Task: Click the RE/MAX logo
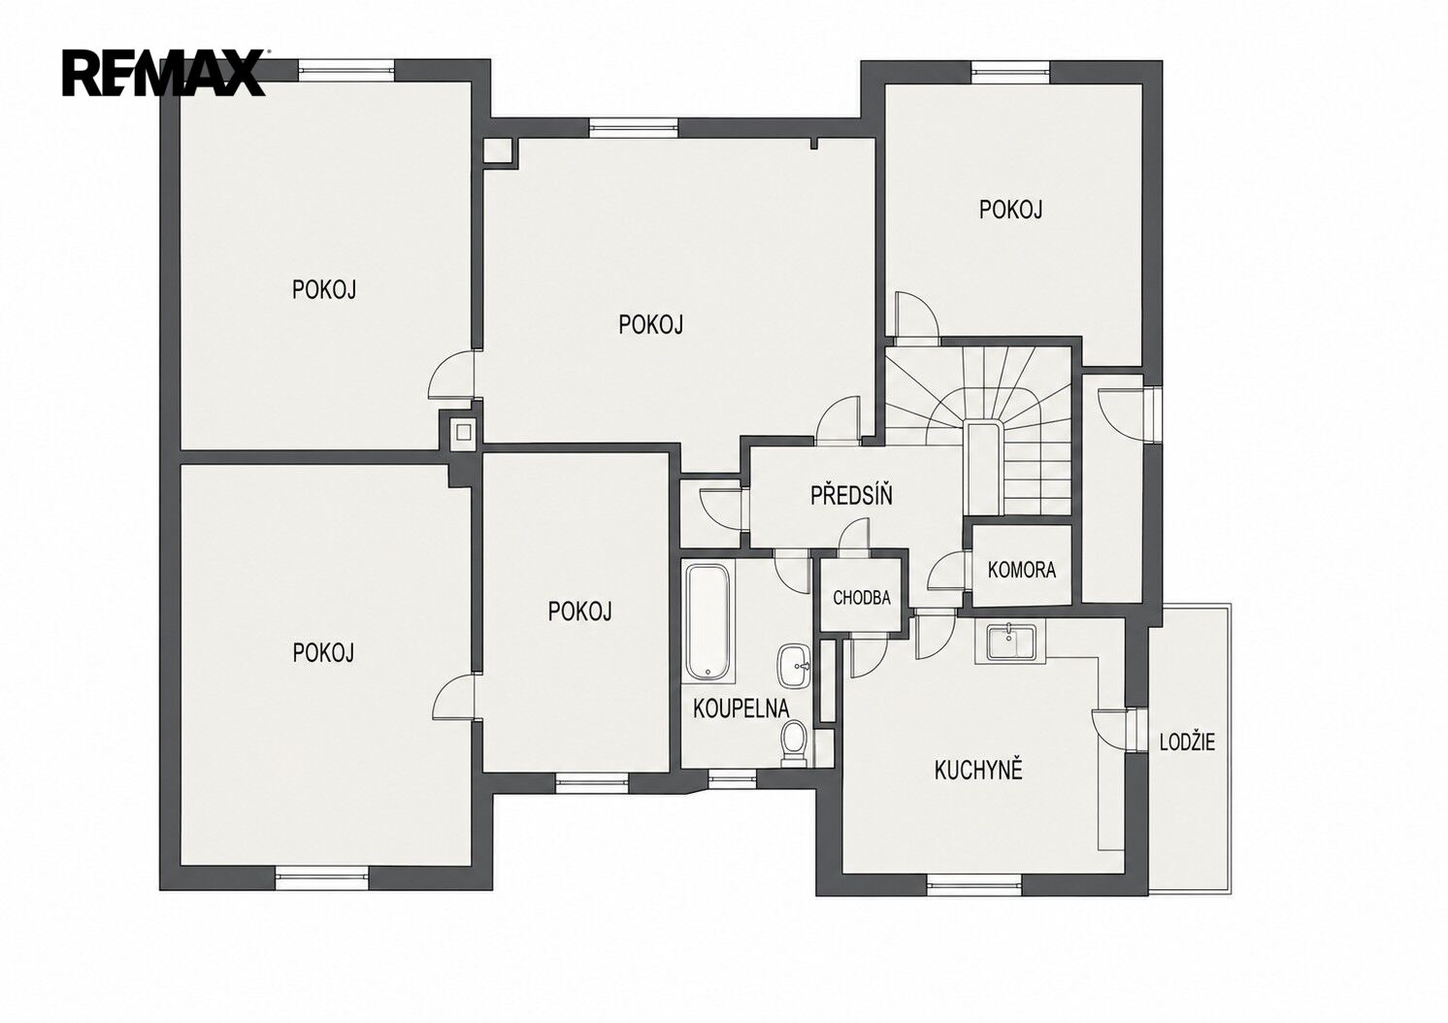(x=163, y=73)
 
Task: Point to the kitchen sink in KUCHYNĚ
(x=1007, y=642)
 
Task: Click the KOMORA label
(x=1022, y=570)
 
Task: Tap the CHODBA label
(x=862, y=598)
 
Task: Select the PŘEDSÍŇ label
(x=852, y=495)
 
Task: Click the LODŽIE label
(x=1188, y=742)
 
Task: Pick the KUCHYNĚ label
(x=978, y=770)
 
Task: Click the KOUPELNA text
(x=740, y=709)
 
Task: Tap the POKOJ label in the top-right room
(x=1011, y=210)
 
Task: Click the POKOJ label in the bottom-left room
(x=323, y=653)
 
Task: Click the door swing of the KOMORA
(x=945, y=571)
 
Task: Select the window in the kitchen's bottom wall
(x=974, y=884)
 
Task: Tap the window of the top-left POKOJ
(x=347, y=70)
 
